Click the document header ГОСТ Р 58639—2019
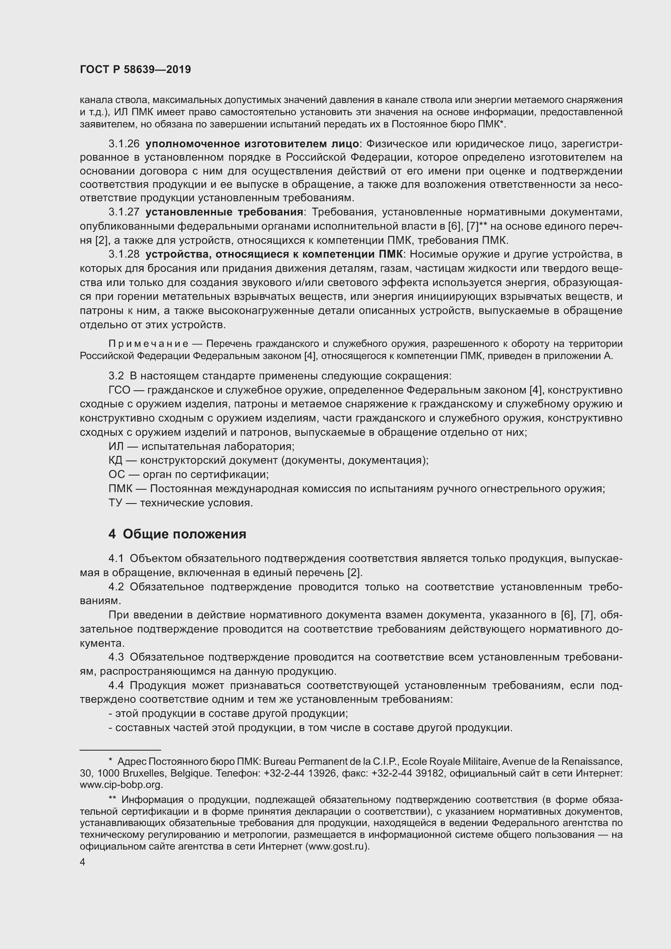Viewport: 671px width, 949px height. pyautogui.click(x=135, y=69)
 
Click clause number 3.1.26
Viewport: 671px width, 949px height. pyautogui.click(x=124, y=144)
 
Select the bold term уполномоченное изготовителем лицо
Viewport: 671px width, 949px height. pyautogui.click(x=252, y=144)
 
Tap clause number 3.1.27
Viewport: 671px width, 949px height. pyautogui.click(x=124, y=213)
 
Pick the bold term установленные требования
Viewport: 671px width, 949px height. pyautogui.click(x=224, y=213)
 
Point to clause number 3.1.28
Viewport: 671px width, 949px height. pyautogui.click(x=124, y=254)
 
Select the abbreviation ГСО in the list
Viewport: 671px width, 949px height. pyautogui.click(x=119, y=390)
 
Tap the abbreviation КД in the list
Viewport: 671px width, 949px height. pyautogui.click(x=115, y=461)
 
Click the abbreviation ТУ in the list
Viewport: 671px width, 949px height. pyautogui.click(x=115, y=503)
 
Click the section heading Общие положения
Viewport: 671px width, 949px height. pyautogui.click(x=184, y=534)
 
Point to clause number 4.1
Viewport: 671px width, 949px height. pyautogui.click(x=116, y=558)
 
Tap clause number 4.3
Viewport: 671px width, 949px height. pyautogui.click(x=116, y=657)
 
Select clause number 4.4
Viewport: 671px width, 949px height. pyautogui.click(x=116, y=686)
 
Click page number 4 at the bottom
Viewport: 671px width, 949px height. pyautogui.click(x=82, y=862)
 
